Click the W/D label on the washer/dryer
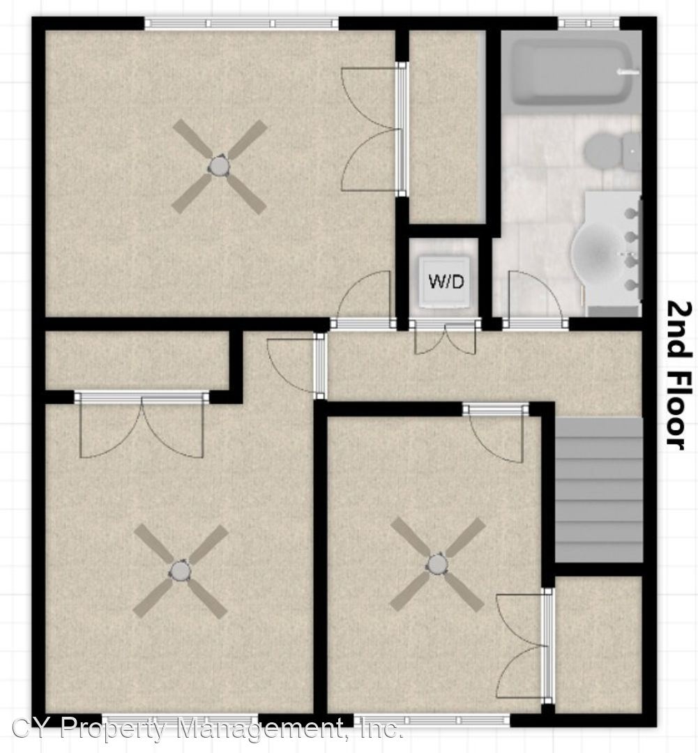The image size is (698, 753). point(446,281)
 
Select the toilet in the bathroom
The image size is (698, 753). point(612,151)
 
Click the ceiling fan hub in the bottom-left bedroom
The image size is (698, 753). point(180,570)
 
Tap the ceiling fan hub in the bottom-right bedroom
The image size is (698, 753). point(437,564)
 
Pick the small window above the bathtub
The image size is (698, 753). point(589,22)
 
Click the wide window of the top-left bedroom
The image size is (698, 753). point(242,22)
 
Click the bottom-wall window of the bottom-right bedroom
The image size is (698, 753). point(432,720)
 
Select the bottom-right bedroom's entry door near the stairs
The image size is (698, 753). point(496,434)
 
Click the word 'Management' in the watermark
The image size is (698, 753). point(254,727)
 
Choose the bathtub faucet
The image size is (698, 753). point(627,72)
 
